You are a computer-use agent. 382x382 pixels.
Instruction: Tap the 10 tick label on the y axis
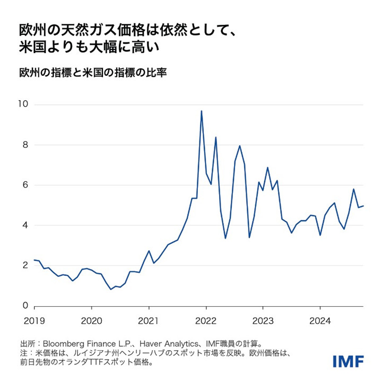point(23,105)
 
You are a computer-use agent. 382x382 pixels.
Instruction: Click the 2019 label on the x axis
point(34,321)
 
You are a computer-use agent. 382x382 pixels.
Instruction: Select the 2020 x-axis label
point(91,321)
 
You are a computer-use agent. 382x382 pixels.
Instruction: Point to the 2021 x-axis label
point(149,321)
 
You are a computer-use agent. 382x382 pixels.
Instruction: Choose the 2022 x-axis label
point(206,321)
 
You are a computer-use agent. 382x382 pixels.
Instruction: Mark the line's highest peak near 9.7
point(201,111)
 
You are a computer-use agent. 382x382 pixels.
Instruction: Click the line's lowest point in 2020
point(110,289)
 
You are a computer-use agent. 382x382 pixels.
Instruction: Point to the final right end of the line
point(363,206)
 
